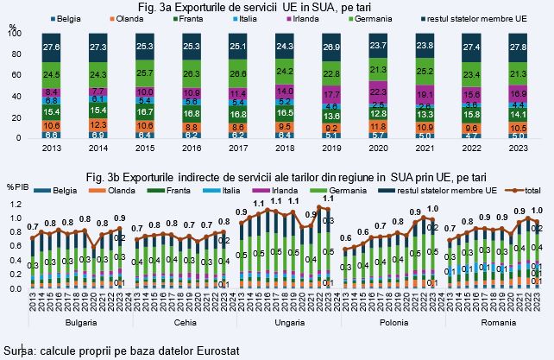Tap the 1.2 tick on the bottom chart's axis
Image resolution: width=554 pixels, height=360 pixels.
(x=14, y=204)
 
